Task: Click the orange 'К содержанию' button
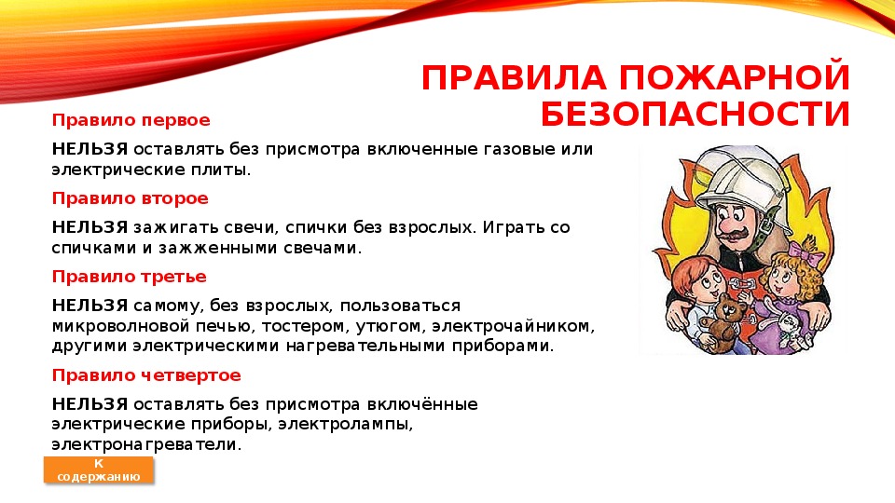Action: (x=99, y=469)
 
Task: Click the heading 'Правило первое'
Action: (x=131, y=120)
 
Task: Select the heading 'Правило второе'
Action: (x=131, y=198)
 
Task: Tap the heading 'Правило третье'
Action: (x=129, y=277)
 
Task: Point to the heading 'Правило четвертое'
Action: (x=146, y=375)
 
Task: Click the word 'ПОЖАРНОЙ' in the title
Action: (x=736, y=77)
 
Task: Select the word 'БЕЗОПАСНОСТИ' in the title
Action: (x=695, y=114)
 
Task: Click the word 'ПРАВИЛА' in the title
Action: (x=514, y=77)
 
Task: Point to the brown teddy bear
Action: (x=723, y=321)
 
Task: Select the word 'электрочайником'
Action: (x=513, y=327)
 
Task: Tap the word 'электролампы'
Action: (x=345, y=425)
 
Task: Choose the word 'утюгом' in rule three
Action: (x=391, y=327)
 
